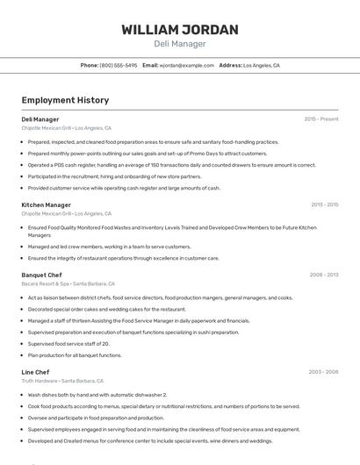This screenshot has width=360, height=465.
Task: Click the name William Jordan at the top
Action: [x=180, y=30]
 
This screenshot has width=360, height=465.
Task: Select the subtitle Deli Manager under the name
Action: [x=180, y=44]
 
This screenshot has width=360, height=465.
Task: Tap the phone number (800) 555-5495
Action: [x=119, y=65]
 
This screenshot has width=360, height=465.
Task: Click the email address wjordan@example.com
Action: [x=187, y=65]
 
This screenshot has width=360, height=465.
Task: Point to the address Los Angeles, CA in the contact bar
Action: [x=261, y=65]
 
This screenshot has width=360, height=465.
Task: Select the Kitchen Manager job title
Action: [x=47, y=204]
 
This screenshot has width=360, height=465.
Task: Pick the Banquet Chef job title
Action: [x=42, y=275]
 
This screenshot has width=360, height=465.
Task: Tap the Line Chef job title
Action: [x=36, y=372]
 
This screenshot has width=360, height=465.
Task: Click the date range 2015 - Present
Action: [x=321, y=118]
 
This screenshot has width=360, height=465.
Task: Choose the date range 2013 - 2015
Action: [x=324, y=204]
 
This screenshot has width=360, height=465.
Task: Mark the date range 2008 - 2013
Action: [x=324, y=275]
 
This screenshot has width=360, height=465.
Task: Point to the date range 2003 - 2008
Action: [x=324, y=372]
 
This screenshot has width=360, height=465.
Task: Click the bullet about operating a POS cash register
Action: [x=171, y=164]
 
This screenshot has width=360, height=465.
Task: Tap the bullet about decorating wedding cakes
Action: [x=107, y=309]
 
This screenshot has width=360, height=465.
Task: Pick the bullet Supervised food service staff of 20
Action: [x=75, y=343]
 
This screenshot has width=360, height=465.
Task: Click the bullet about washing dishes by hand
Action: [x=97, y=395]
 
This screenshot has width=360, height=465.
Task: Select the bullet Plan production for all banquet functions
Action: [x=75, y=354]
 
